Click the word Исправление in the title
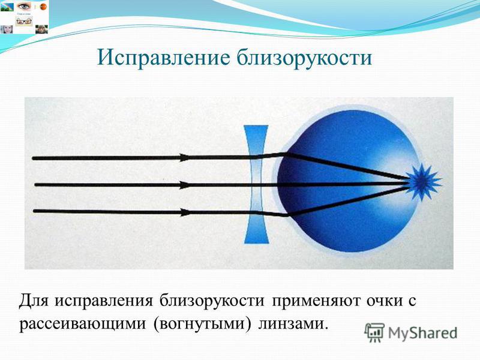tap(163, 57)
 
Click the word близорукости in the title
tap(305, 57)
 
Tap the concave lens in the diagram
tap(257, 184)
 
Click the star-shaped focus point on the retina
tap(424, 182)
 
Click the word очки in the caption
tap(385, 301)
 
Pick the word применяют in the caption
tap(316, 302)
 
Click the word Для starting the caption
tap(34, 301)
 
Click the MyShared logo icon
tap(374, 332)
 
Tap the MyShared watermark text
tap(422, 333)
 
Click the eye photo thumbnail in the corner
tap(24, 6)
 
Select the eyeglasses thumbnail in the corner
tap(24, 22)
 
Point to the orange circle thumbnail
tap(43, 7)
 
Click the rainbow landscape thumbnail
tap(7, 7)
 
